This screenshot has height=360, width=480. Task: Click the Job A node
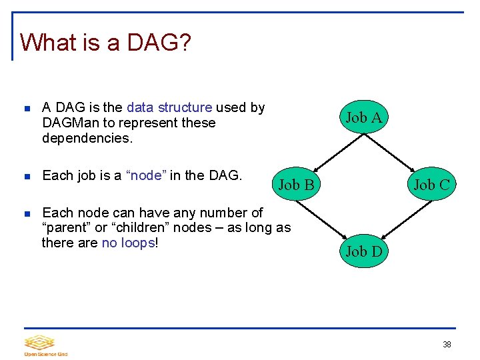click(x=363, y=118)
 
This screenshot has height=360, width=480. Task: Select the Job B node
click(x=296, y=185)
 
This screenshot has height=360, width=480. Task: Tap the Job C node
click(x=431, y=185)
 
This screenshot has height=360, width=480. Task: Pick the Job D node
click(x=363, y=251)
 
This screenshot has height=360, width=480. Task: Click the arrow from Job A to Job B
click(x=331, y=151)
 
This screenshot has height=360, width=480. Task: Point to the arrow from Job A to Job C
click(x=397, y=151)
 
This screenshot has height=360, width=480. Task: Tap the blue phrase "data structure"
click(x=169, y=107)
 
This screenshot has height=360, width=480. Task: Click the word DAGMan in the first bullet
click(x=68, y=123)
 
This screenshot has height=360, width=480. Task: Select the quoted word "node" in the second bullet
click(x=146, y=175)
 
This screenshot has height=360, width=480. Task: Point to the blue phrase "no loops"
click(x=129, y=243)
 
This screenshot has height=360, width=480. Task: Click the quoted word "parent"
click(x=66, y=227)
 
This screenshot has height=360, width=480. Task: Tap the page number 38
click(x=447, y=345)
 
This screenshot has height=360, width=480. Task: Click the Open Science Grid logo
click(x=45, y=345)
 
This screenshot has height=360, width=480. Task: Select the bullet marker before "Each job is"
click(x=27, y=177)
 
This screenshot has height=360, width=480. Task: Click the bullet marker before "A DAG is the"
click(x=27, y=108)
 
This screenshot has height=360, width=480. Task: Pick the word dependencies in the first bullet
click(x=87, y=138)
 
